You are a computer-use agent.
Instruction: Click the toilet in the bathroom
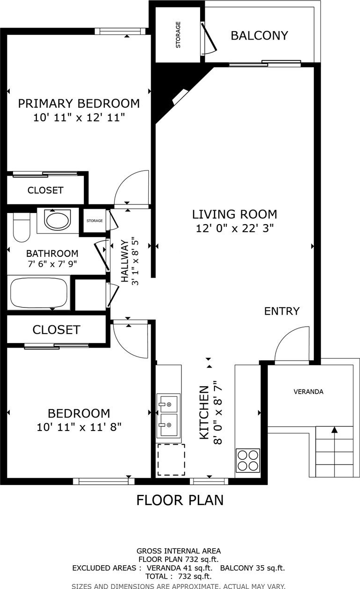click(x=21, y=227)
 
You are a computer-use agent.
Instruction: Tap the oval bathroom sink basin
click(x=58, y=219)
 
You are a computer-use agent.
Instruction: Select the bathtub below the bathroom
click(x=39, y=292)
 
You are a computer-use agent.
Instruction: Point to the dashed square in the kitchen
click(x=171, y=459)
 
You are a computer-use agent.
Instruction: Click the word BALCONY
click(x=259, y=35)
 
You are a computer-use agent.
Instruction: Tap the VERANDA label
click(x=308, y=392)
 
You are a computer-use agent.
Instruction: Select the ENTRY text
click(x=282, y=311)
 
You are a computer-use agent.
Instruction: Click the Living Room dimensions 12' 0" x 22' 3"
click(x=235, y=228)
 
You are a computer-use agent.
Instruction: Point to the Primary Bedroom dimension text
click(x=79, y=117)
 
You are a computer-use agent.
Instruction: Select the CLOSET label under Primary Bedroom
click(x=46, y=190)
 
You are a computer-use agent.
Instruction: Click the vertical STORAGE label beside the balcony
click(x=178, y=34)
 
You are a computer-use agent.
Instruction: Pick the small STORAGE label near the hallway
click(x=95, y=220)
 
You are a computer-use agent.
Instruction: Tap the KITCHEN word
click(x=204, y=412)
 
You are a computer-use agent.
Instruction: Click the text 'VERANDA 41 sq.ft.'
click(x=180, y=568)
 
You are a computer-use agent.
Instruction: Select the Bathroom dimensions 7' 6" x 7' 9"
click(x=52, y=264)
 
